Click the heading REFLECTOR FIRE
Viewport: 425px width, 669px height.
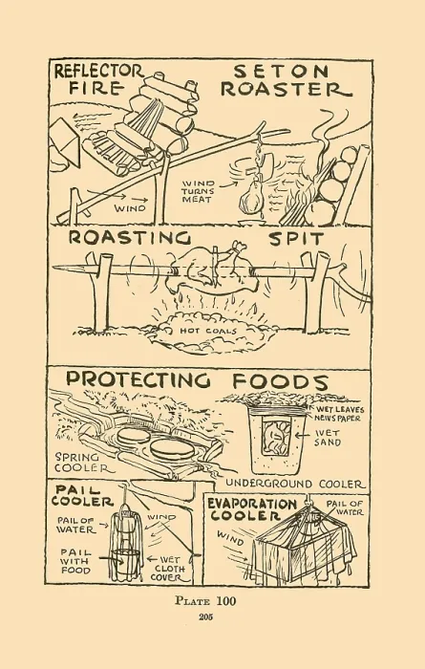[99, 79]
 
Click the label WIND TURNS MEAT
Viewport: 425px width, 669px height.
[199, 191]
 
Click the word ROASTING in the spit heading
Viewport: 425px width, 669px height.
[130, 238]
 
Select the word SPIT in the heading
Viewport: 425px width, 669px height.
[296, 239]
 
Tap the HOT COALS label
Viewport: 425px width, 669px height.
[207, 331]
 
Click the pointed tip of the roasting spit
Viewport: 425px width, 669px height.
[53, 269]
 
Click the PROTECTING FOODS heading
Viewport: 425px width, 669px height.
[198, 379]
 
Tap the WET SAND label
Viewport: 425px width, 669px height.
[328, 438]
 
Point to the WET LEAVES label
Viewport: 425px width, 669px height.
[340, 410]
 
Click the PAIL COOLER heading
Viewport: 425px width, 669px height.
[82, 495]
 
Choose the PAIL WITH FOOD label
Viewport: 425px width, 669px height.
[75, 561]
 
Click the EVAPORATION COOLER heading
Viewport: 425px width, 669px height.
[251, 509]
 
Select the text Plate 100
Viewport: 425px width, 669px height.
[205, 601]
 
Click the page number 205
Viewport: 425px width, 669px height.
[205, 617]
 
